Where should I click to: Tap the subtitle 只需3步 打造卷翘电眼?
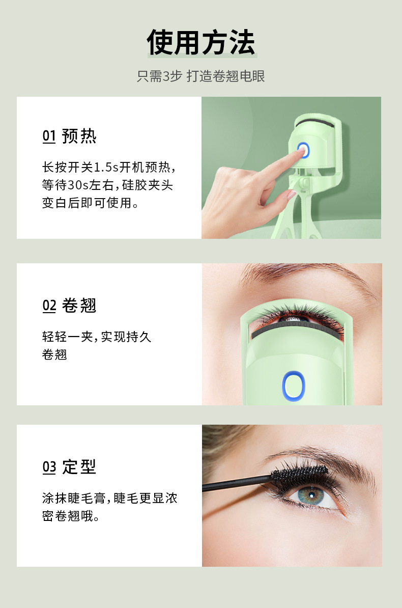(x=201, y=76)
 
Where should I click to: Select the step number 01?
(x=49, y=136)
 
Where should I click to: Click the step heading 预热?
(x=79, y=136)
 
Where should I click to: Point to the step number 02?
(x=49, y=306)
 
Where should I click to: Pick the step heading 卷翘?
(x=79, y=306)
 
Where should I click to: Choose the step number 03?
(x=49, y=466)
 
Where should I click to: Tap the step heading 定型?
(x=79, y=466)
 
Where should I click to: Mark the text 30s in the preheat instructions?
(x=78, y=185)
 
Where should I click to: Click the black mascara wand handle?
(x=234, y=484)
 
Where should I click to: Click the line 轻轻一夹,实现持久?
(x=97, y=337)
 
